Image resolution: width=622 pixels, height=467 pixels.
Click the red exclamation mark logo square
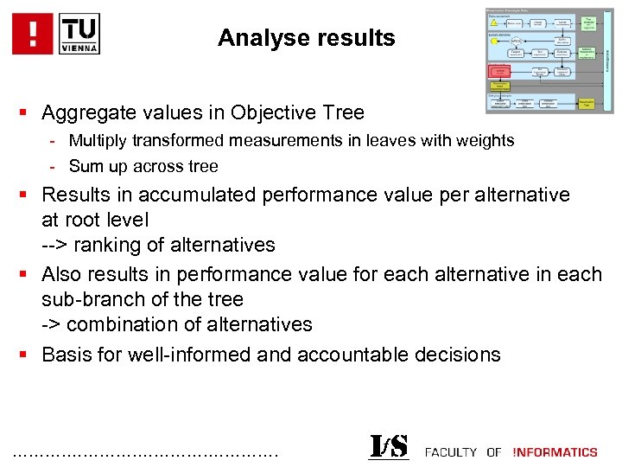click(x=34, y=34)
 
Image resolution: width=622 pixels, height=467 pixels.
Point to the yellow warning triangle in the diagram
click(x=495, y=23)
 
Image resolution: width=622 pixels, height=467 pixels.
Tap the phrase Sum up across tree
click(x=143, y=166)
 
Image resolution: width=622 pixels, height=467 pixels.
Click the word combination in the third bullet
click(x=120, y=324)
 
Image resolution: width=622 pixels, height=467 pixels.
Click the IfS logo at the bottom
click(x=388, y=447)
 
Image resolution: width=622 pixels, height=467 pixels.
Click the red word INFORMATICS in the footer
click(x=555, y=451)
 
